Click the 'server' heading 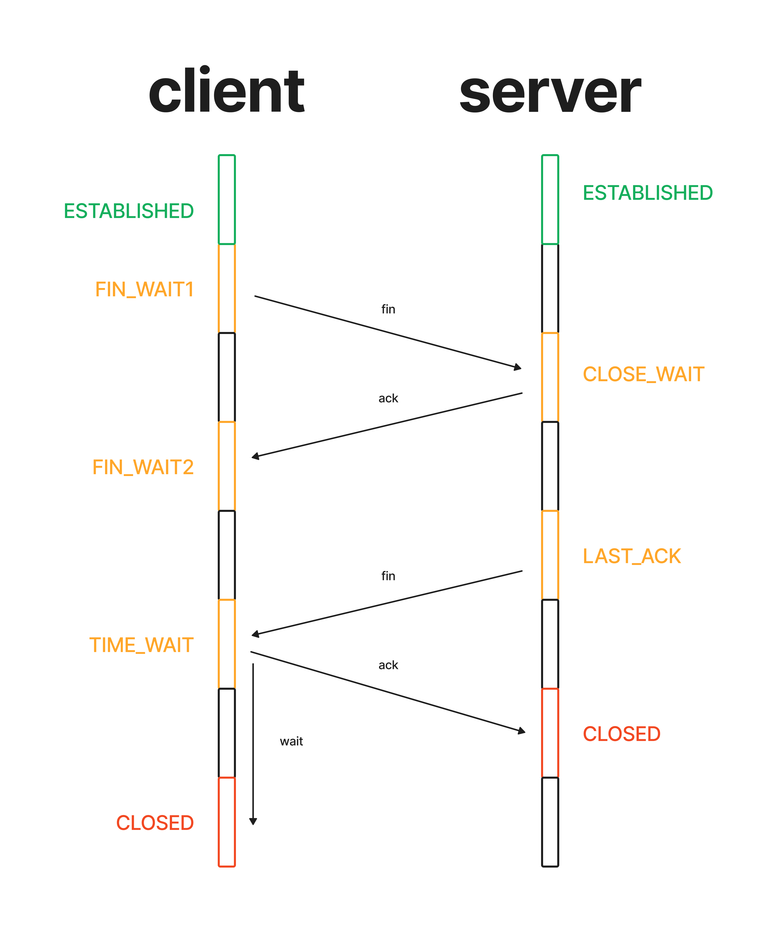pyautogui.click(x=550, y=93)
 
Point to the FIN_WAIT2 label pyautogui.click(x=143, y=467)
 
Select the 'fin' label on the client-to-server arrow pyautogui.click(x=388, y=309)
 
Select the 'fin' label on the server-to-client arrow pyautogui.click(x=388, y=576)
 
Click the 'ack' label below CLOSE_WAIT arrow pyautogui.click(x=388, y=398)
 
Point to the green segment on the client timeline pyautogui.click(x=227, y=200)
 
